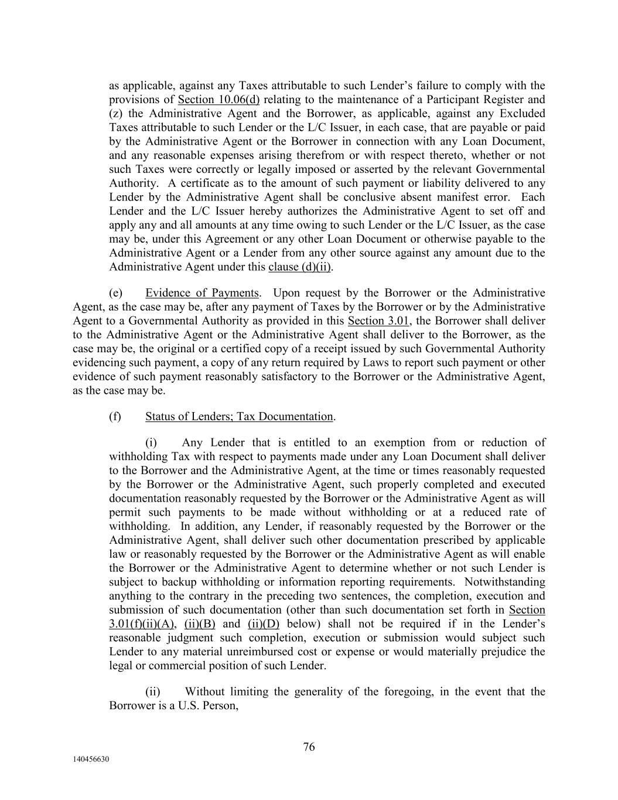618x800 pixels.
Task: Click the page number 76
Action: pyautogui.click(x=309, y=747)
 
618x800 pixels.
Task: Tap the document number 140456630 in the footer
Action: pyautogui.click(x=91, y=760)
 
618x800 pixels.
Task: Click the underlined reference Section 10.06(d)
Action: pyautogui.click(x=218, y=100)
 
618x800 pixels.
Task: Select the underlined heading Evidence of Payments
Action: pyautogui.click(x=202, y=293)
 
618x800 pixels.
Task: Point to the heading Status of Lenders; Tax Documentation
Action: pyautogui.click(x=239, y=417)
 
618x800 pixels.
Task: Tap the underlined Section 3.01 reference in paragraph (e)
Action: pyautogui.click(x=378, y=321)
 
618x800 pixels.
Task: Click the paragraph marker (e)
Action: pyautogui.click(x=115, y=293)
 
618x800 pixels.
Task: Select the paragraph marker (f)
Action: pyautogui.click(x=115, y=417)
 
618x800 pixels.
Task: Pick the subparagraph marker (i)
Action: pyautogui.click(x=151, y=442)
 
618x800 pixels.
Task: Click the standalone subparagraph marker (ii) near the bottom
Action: pyautogui.click(x=152, y=692)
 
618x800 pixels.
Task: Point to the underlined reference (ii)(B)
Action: pyautogui.click(x=200, y=624)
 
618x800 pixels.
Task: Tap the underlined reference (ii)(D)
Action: pyautogui.click(x=264, y=624)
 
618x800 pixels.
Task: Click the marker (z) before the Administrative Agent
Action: pyautogui.click(x=115, y=114)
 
